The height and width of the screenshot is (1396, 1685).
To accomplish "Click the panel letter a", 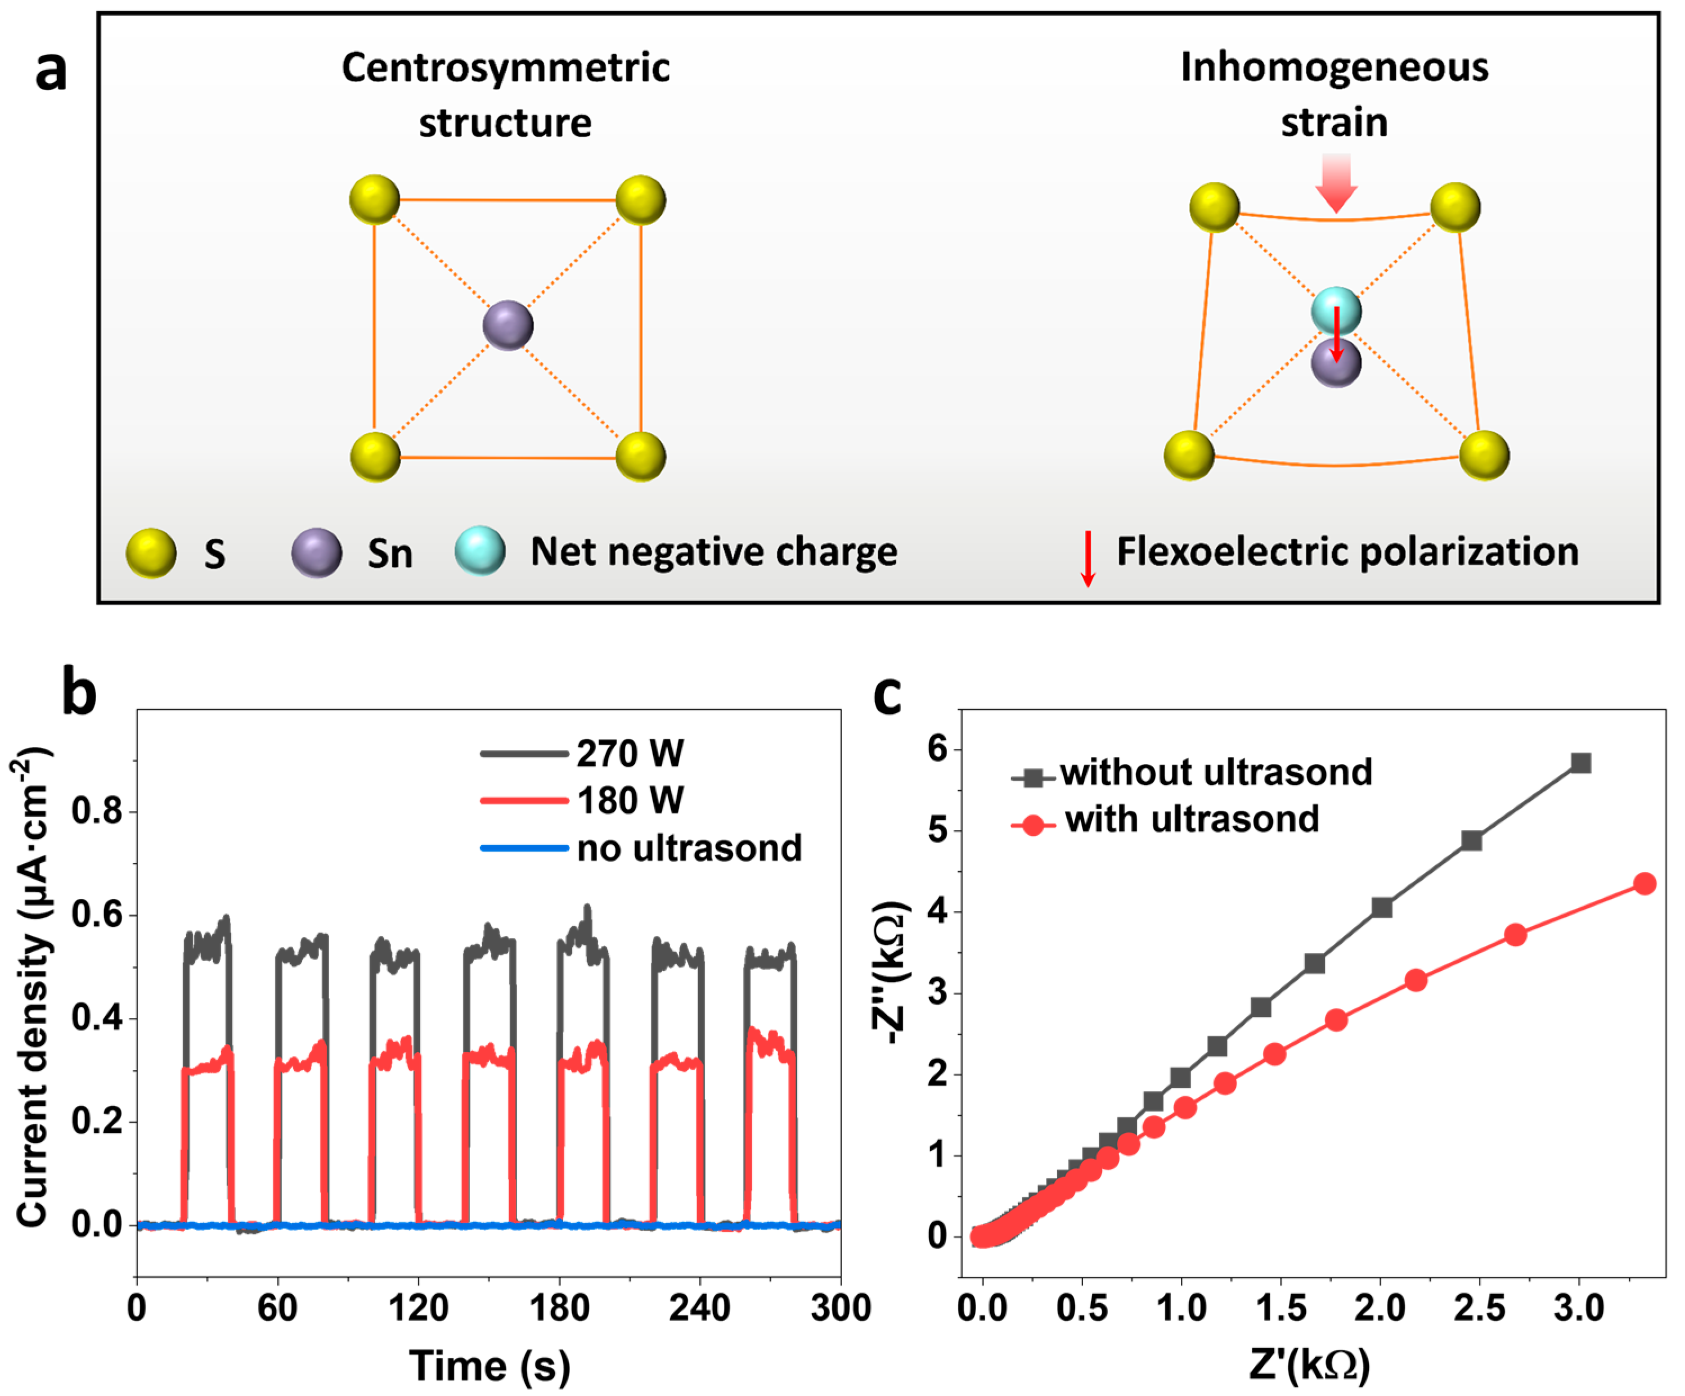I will [51, 71].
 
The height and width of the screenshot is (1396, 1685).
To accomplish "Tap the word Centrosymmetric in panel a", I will [505, 67].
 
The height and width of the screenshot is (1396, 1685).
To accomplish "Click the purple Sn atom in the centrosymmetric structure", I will [508, 326].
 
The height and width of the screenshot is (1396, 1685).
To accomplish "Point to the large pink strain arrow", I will [1336, 183].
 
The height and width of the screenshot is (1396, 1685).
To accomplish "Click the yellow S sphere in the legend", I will [151, 553].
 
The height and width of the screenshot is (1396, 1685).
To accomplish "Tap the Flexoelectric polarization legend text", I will [1347, 552].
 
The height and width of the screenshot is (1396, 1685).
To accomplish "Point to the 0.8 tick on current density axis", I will [97, 811].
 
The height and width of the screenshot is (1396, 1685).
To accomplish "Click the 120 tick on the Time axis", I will [418, 1308].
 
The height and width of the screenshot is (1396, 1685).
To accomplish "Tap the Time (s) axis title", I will [489, 1366].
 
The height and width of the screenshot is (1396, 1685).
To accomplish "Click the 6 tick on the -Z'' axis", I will [937, 749].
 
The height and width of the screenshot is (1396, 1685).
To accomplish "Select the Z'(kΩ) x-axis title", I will [1310, 1364].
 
